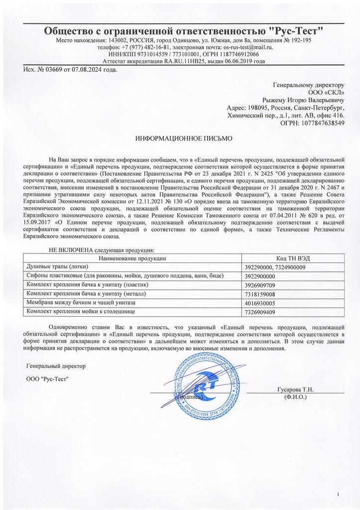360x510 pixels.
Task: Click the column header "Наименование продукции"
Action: (x=132, y=258)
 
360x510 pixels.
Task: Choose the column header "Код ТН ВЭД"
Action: (x=292, y=258)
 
